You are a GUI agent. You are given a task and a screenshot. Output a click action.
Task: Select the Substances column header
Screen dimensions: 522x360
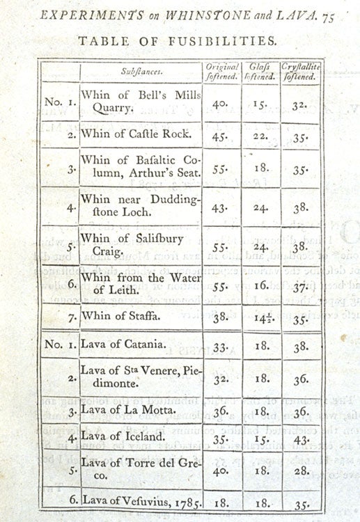point(140,71)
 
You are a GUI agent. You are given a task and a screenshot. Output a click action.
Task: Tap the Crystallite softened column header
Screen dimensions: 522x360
point(301,71)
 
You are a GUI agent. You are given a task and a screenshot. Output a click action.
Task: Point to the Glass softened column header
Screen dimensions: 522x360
point(262,71)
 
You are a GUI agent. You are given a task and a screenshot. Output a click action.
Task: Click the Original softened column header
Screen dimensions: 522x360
point(223,71)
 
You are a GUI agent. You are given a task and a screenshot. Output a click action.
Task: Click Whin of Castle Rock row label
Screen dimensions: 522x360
point(133,133)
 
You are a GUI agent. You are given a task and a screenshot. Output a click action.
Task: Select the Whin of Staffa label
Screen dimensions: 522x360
point(123,316)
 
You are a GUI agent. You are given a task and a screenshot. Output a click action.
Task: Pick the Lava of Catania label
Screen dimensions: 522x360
point(123,344)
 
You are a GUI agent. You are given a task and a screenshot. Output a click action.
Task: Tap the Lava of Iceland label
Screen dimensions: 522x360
point(123,437)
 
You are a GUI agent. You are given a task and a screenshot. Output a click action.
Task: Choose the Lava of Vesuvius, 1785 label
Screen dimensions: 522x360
point(137,500)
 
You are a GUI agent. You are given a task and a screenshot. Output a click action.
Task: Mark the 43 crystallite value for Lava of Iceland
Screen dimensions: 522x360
point(301,440)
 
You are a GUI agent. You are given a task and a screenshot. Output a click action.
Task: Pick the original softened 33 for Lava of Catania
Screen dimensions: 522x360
point(221,346)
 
